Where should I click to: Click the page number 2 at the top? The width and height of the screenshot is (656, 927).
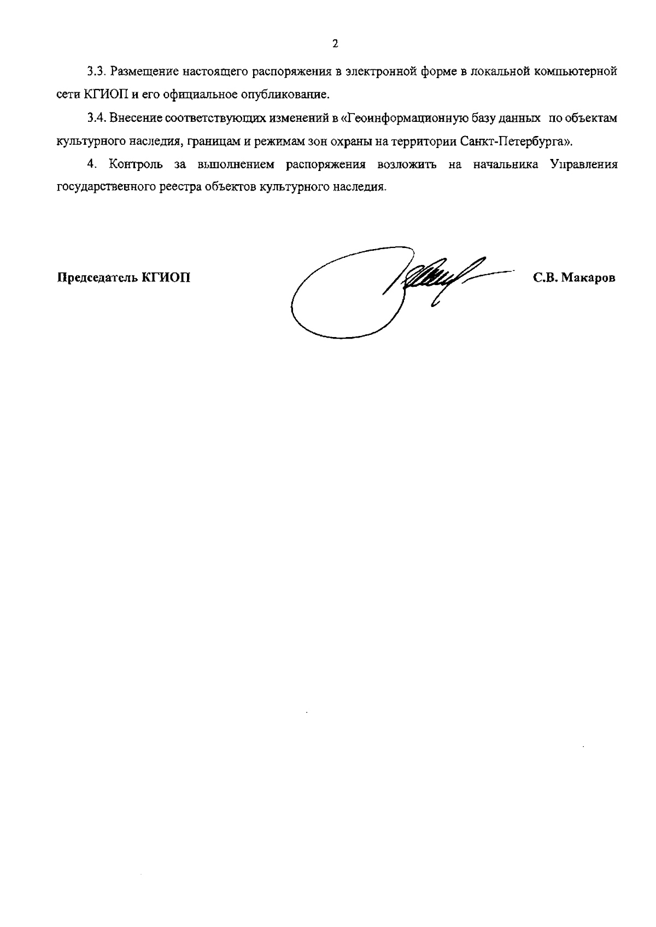pos(335,44)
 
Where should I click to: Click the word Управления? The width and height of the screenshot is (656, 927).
pos(584,165)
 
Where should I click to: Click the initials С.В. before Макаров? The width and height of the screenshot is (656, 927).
pos(545,277)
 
